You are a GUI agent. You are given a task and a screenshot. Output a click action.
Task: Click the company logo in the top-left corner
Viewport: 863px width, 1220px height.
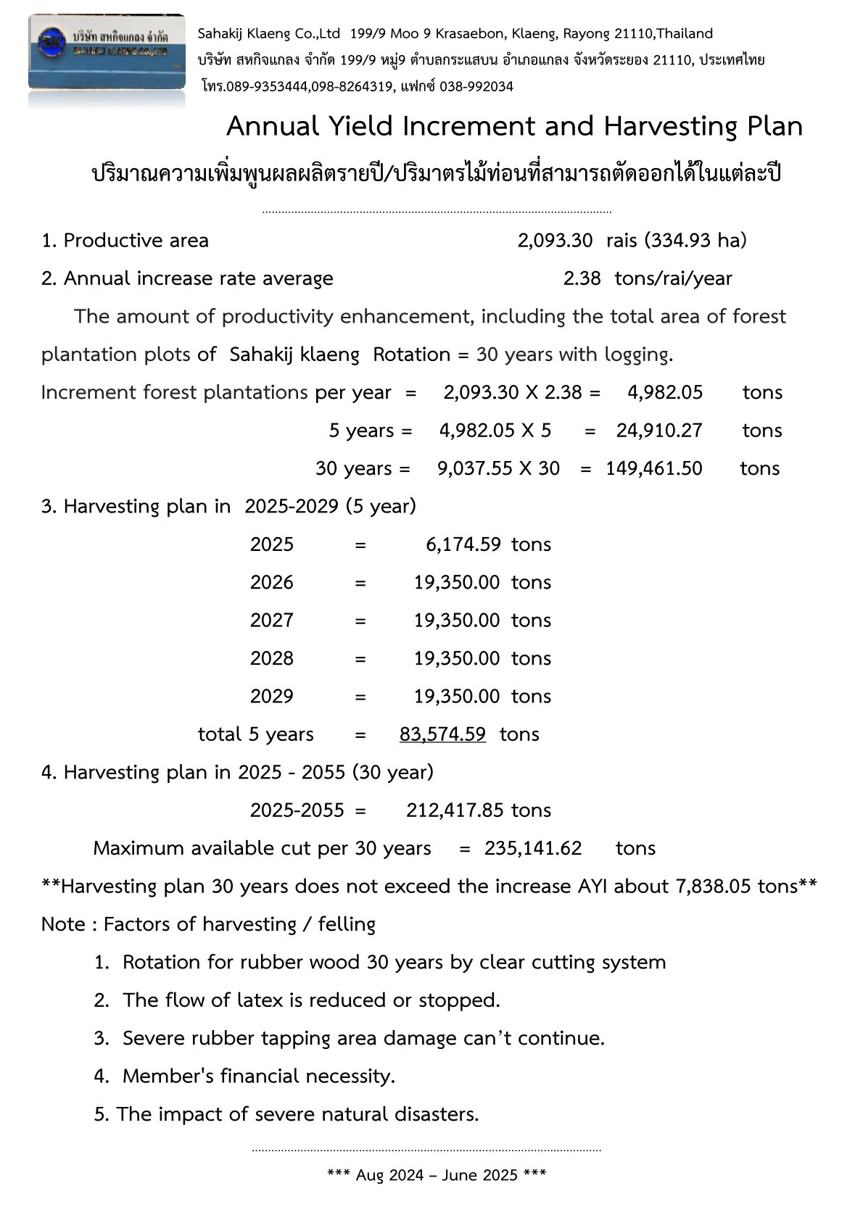tap(107, 52)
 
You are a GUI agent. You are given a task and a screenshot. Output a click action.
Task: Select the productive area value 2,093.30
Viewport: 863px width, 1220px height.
tap(555, 241)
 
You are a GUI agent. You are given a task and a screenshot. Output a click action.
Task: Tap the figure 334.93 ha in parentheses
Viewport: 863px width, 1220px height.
tap(695, 241)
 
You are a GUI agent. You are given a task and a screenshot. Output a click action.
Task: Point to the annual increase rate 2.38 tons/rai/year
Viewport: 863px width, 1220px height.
tap(648, 278)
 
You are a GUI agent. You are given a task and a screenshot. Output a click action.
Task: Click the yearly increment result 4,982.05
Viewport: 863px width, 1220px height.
tap(665, 392)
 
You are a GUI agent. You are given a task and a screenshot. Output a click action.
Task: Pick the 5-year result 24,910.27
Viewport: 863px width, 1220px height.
tap(659, 431)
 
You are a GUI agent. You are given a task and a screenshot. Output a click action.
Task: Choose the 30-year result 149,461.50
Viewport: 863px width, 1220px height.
tap(654, 468)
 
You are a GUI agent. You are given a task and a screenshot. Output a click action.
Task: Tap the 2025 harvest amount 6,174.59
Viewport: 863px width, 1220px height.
tap(463, 544)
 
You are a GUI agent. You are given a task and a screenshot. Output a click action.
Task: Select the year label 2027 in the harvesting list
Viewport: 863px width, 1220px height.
tap(272, 621)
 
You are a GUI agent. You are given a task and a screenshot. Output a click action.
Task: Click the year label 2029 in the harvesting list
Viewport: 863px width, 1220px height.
tap(272, 697)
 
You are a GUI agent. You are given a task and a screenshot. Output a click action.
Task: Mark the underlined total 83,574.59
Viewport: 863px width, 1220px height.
tap(442, 734)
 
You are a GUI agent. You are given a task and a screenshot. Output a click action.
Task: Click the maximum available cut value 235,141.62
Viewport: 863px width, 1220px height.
tap(533, 848)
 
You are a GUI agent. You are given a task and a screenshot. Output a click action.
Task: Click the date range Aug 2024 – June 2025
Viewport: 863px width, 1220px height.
tap(437, 1175)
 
